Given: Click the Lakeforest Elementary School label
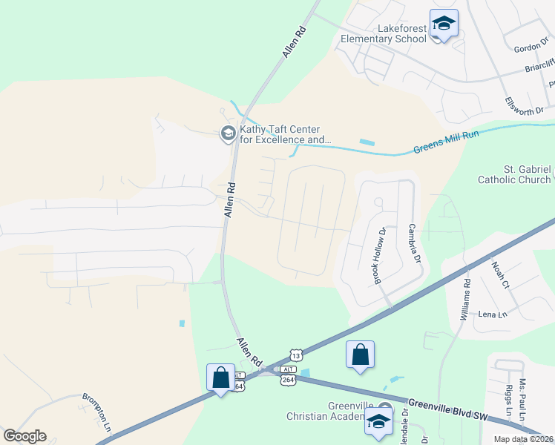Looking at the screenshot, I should coord(384,33).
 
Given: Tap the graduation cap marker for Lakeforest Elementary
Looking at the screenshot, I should coord(444,24).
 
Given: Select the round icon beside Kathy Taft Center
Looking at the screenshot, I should coord(228,134).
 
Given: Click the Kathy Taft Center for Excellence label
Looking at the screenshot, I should coord(285,134).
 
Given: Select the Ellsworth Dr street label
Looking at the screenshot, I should coord(524,105).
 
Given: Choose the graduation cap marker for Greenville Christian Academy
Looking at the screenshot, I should coord(378,421).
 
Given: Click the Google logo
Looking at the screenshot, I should coord(24,436).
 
